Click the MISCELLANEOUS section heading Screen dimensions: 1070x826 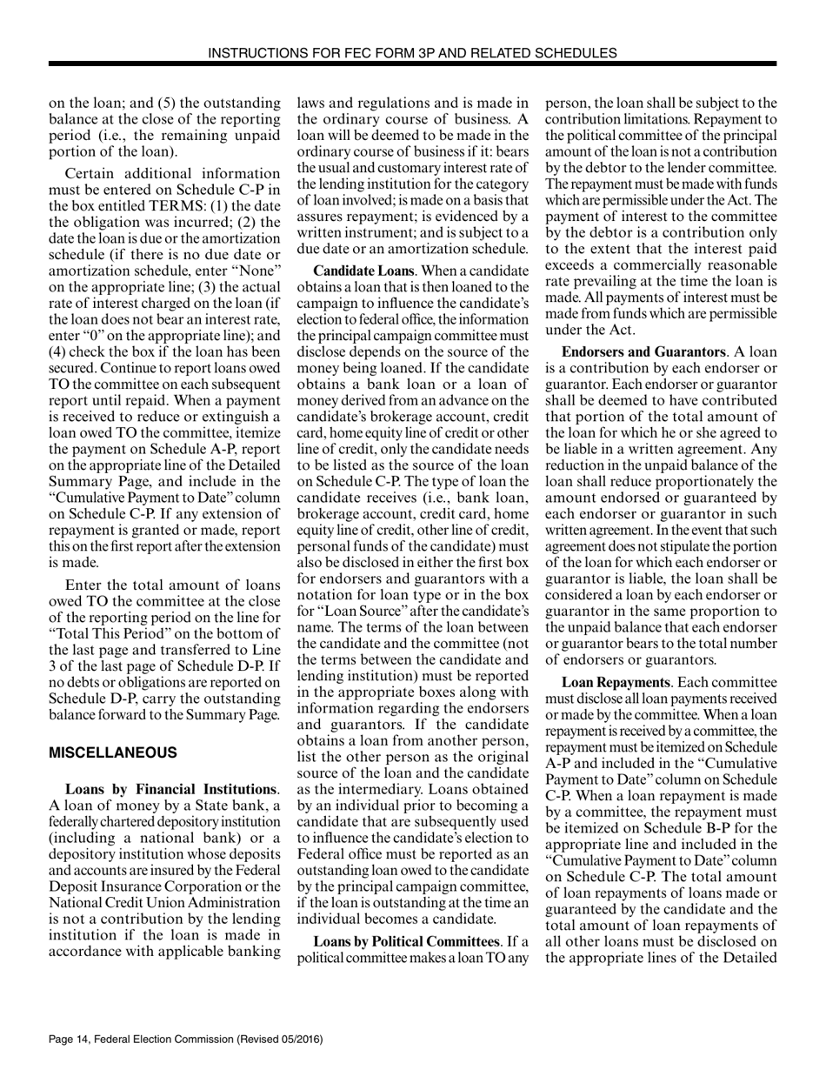pyautogui.click(x=113, y=752)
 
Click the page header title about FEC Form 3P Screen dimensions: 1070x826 pyautogui.click(x=412, y=53)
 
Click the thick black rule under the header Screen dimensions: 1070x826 pyautogui.click(x=412, y=64)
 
